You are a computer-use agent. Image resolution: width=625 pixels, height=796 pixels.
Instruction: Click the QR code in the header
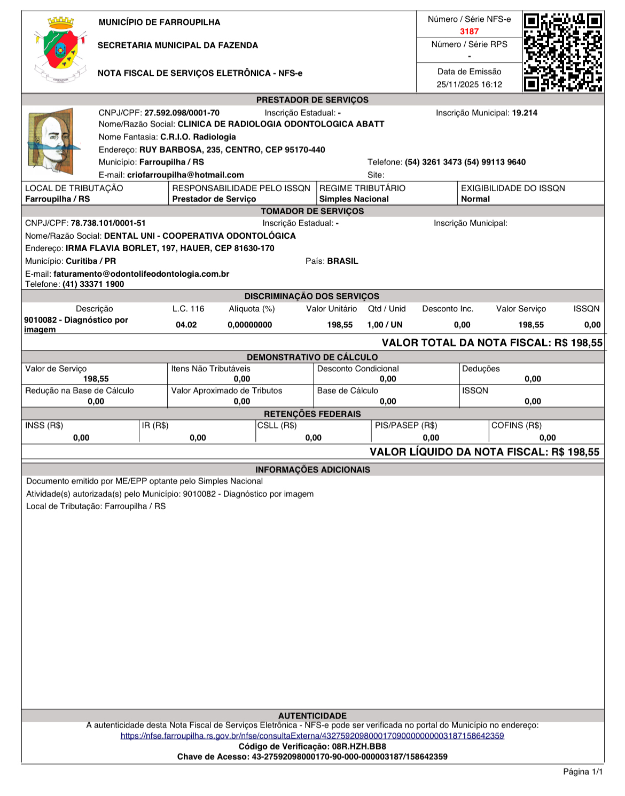click(563, 52)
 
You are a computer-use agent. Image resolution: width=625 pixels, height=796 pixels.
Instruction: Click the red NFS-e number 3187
click(469, 32)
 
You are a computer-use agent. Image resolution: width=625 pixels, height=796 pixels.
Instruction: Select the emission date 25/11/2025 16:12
click(469, 84)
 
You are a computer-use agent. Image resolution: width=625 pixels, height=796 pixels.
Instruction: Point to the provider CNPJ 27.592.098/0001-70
click(182, 113)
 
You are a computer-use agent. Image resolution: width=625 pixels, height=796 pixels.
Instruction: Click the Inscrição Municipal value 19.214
click(525, 113)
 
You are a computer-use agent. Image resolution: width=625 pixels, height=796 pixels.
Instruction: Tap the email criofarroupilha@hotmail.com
click(185, 175)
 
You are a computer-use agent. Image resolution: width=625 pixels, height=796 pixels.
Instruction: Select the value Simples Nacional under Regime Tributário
click(354, 199)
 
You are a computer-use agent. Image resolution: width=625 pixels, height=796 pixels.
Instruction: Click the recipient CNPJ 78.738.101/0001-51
click(108, 223)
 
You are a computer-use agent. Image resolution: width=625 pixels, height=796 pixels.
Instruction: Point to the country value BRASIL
click(342, 261)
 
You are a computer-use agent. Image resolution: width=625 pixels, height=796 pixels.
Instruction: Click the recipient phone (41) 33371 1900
click(93, 284)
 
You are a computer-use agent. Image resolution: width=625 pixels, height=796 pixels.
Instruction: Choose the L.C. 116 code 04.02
click(186, 325)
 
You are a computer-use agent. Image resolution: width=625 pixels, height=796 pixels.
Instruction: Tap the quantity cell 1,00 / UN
click(385, 325)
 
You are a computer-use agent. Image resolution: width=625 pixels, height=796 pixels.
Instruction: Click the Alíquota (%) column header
click(252, 309)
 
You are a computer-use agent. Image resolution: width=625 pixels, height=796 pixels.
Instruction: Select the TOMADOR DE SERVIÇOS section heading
click(312, 211)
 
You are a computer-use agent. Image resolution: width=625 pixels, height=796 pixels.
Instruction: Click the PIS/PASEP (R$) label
click(406, 425)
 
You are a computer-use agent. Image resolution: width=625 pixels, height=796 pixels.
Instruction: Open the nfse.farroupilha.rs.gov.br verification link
click(312, 736)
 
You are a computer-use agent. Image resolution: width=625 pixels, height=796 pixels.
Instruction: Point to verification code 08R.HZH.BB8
click(359, 746)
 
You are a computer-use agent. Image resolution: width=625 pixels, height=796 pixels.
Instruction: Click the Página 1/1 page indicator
click(583, 771)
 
